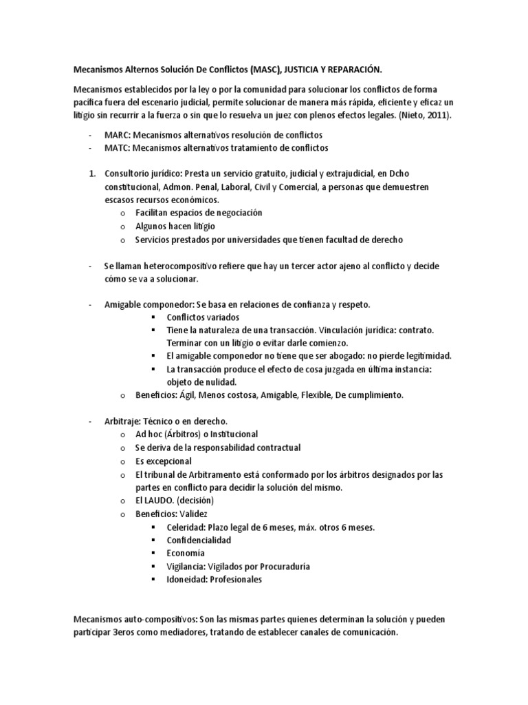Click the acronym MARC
coord(117,135)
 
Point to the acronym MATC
coord(117,148)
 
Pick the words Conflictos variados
coord(203,317)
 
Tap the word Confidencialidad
coord(199,540)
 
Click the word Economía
coord(186,553)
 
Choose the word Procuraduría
coord(280,566)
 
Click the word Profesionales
coord(233,579)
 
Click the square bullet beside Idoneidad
coord(153,579)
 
